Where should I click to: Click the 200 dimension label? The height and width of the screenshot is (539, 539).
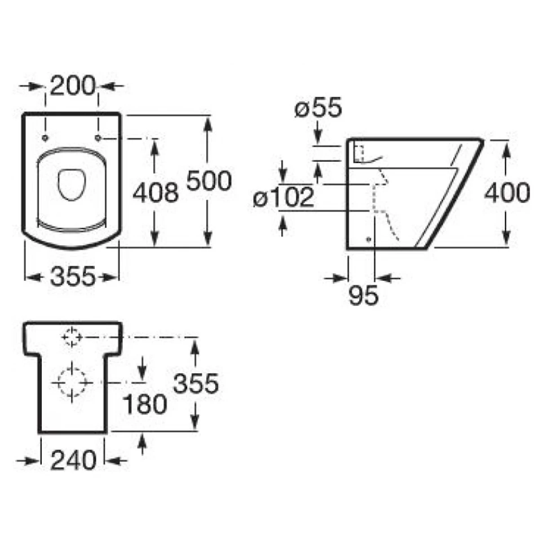(73, 84)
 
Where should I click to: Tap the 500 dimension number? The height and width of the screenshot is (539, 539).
(209, 180)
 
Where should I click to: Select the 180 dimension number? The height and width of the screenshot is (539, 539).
(145, 404)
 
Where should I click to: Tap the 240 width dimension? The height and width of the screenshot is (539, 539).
(73, 460)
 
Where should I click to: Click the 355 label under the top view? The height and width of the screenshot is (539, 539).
(73, 276)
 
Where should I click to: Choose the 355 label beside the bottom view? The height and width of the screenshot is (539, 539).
(196, 383)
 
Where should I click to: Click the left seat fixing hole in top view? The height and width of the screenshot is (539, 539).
(45, 138)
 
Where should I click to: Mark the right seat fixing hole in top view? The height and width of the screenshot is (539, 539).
(98, 138)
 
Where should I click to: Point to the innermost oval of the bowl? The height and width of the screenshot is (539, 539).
(72, 185)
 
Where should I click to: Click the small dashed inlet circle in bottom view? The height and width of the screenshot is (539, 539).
(72, 337)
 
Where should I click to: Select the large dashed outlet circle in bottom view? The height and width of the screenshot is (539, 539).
(71, 382)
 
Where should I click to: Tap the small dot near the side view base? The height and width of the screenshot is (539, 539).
(369, 239)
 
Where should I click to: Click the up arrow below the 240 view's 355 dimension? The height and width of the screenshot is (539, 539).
(143, 445)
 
